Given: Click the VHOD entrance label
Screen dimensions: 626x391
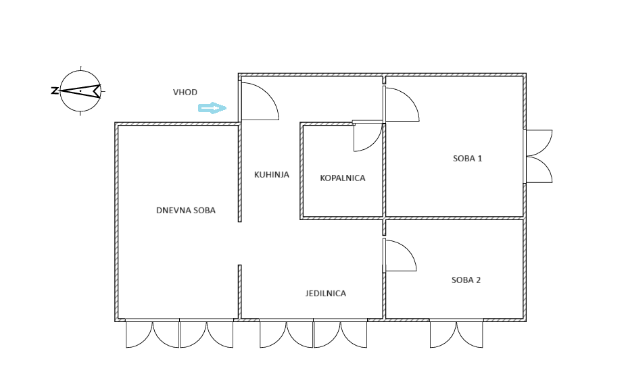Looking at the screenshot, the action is point(185,92).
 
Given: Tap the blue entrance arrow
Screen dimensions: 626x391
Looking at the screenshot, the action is point(212,108).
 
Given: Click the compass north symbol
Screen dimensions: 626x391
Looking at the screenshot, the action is point(80,91).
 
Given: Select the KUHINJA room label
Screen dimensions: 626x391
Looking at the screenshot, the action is point(272,174).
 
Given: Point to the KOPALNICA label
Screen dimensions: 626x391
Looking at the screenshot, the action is point(343,178).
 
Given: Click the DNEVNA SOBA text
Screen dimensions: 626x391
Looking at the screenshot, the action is point(186,210).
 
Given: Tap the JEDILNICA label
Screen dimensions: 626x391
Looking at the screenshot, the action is point(326,293).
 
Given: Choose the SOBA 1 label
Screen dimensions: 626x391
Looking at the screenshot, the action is point(468,159).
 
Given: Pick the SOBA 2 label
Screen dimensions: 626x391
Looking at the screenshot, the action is point(466,280).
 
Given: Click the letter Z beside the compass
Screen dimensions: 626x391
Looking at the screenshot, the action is point(55,91).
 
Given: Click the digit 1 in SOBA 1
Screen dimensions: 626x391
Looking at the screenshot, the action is point(479,159).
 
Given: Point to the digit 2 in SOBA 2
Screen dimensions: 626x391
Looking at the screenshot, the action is point(478,280).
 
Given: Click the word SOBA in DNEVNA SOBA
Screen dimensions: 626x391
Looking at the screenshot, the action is point(204,210).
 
